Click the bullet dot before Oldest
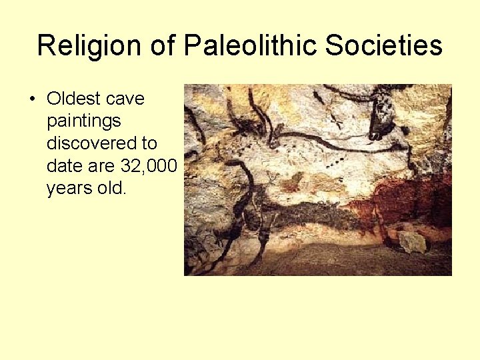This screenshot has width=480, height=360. [32, 99]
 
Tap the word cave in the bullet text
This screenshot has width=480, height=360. [127, 99]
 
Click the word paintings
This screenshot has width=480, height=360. [83, 121]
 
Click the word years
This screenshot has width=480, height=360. [69, 188]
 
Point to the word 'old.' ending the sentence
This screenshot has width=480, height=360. [111, 188]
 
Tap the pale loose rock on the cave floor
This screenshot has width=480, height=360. [412, 242]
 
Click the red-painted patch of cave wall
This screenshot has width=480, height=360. [407, 200]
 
